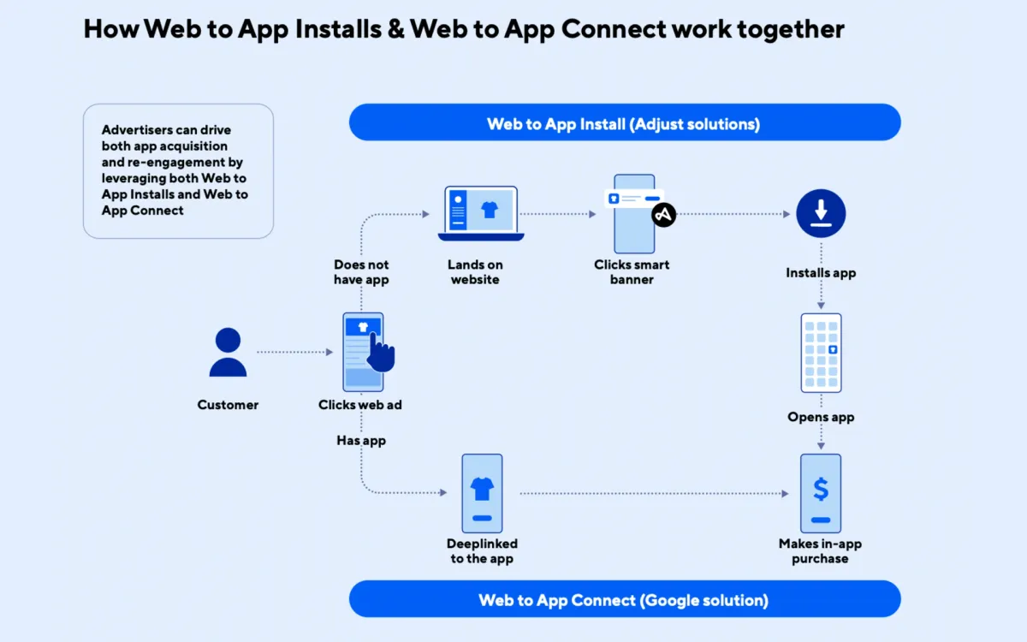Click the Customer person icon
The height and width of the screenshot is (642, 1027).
(228, 352)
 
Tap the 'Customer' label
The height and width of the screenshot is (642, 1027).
(228, 405)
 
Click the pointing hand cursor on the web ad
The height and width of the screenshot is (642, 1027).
(381, 351)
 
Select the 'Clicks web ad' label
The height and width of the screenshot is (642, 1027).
(360, 405)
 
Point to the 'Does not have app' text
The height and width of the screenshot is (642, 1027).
(360, 272)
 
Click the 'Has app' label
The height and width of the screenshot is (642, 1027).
(361, 441)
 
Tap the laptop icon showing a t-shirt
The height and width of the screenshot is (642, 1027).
(481, 213)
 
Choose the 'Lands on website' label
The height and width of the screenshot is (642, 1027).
(475, 272)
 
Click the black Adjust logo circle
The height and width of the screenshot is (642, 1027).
(663, 215)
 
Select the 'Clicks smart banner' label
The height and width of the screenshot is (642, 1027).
(632, 272)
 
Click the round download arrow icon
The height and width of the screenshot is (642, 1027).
(821, 213)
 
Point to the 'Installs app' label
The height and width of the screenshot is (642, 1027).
(821, 273)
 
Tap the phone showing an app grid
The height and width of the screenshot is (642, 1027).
(821, 352)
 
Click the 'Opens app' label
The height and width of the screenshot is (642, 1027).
(821, 418)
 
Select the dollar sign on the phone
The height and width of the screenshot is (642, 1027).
(821, 490)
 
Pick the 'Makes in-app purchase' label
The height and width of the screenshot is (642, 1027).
(820, 551)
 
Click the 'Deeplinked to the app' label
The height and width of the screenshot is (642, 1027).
(482, 551)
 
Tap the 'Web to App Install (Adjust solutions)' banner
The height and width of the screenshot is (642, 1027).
(624, 123)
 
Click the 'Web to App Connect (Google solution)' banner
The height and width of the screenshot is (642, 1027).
(624, 599)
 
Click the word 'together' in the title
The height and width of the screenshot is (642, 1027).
(791, 29)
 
